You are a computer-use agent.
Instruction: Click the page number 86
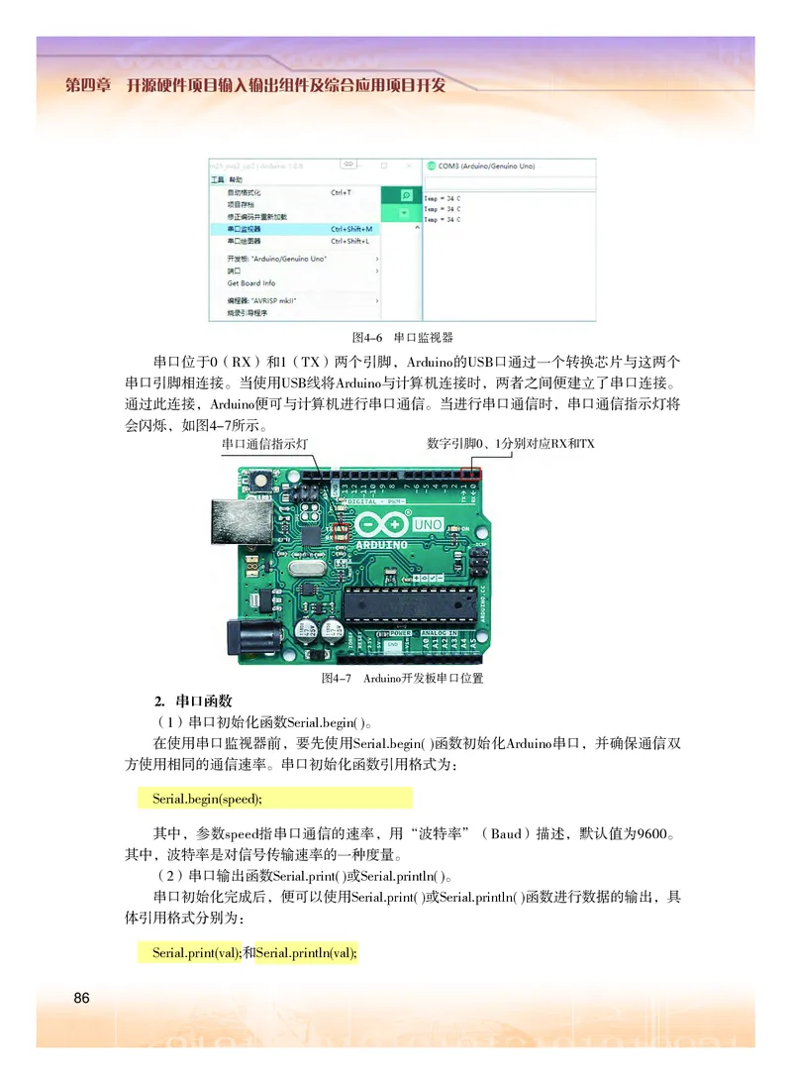tap(81, 997)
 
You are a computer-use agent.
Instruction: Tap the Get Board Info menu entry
tap(251, 283)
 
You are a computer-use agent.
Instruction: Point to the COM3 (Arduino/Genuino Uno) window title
tap(486, 166)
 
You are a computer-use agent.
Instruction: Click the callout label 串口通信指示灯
tap(265, 444)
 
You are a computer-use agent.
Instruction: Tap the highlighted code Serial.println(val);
tap(306, 953)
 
